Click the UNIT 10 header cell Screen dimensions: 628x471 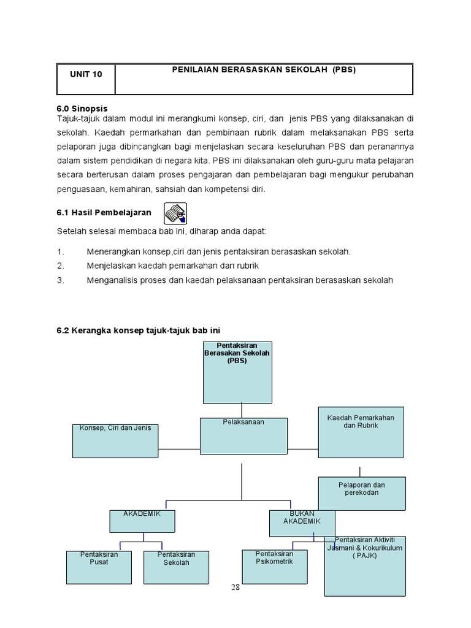(x=86, y=74)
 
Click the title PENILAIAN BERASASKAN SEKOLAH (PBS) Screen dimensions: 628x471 (x=264, y=69)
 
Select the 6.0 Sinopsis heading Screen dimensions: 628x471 (x=82, y=109)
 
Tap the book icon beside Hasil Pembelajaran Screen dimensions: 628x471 (x=175, y=213)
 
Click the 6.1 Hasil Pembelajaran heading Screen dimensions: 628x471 (x=104, y=212)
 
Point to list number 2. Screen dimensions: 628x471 (x=60, y=266)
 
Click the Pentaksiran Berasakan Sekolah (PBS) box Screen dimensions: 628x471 (x=237, y=372)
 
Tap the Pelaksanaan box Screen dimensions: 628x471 (x=243, y=435)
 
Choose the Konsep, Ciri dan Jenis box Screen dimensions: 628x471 (x=115, y=440)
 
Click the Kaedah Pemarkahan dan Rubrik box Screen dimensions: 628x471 (x=361, y=432)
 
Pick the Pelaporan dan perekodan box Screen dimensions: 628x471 (x=362, y=493)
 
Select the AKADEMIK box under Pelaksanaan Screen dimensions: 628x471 (x=142, y=521)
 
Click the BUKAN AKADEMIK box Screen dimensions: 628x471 (x=302, y=523)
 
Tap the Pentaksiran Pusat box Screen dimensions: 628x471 (x=99, y=567)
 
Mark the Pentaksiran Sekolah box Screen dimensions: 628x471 (x=176, y=567)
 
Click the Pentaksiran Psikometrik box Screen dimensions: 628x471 (x=274, y=565)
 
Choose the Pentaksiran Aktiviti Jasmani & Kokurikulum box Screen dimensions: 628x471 (x=365, y=565)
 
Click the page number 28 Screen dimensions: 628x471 (x=235, y=587)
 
